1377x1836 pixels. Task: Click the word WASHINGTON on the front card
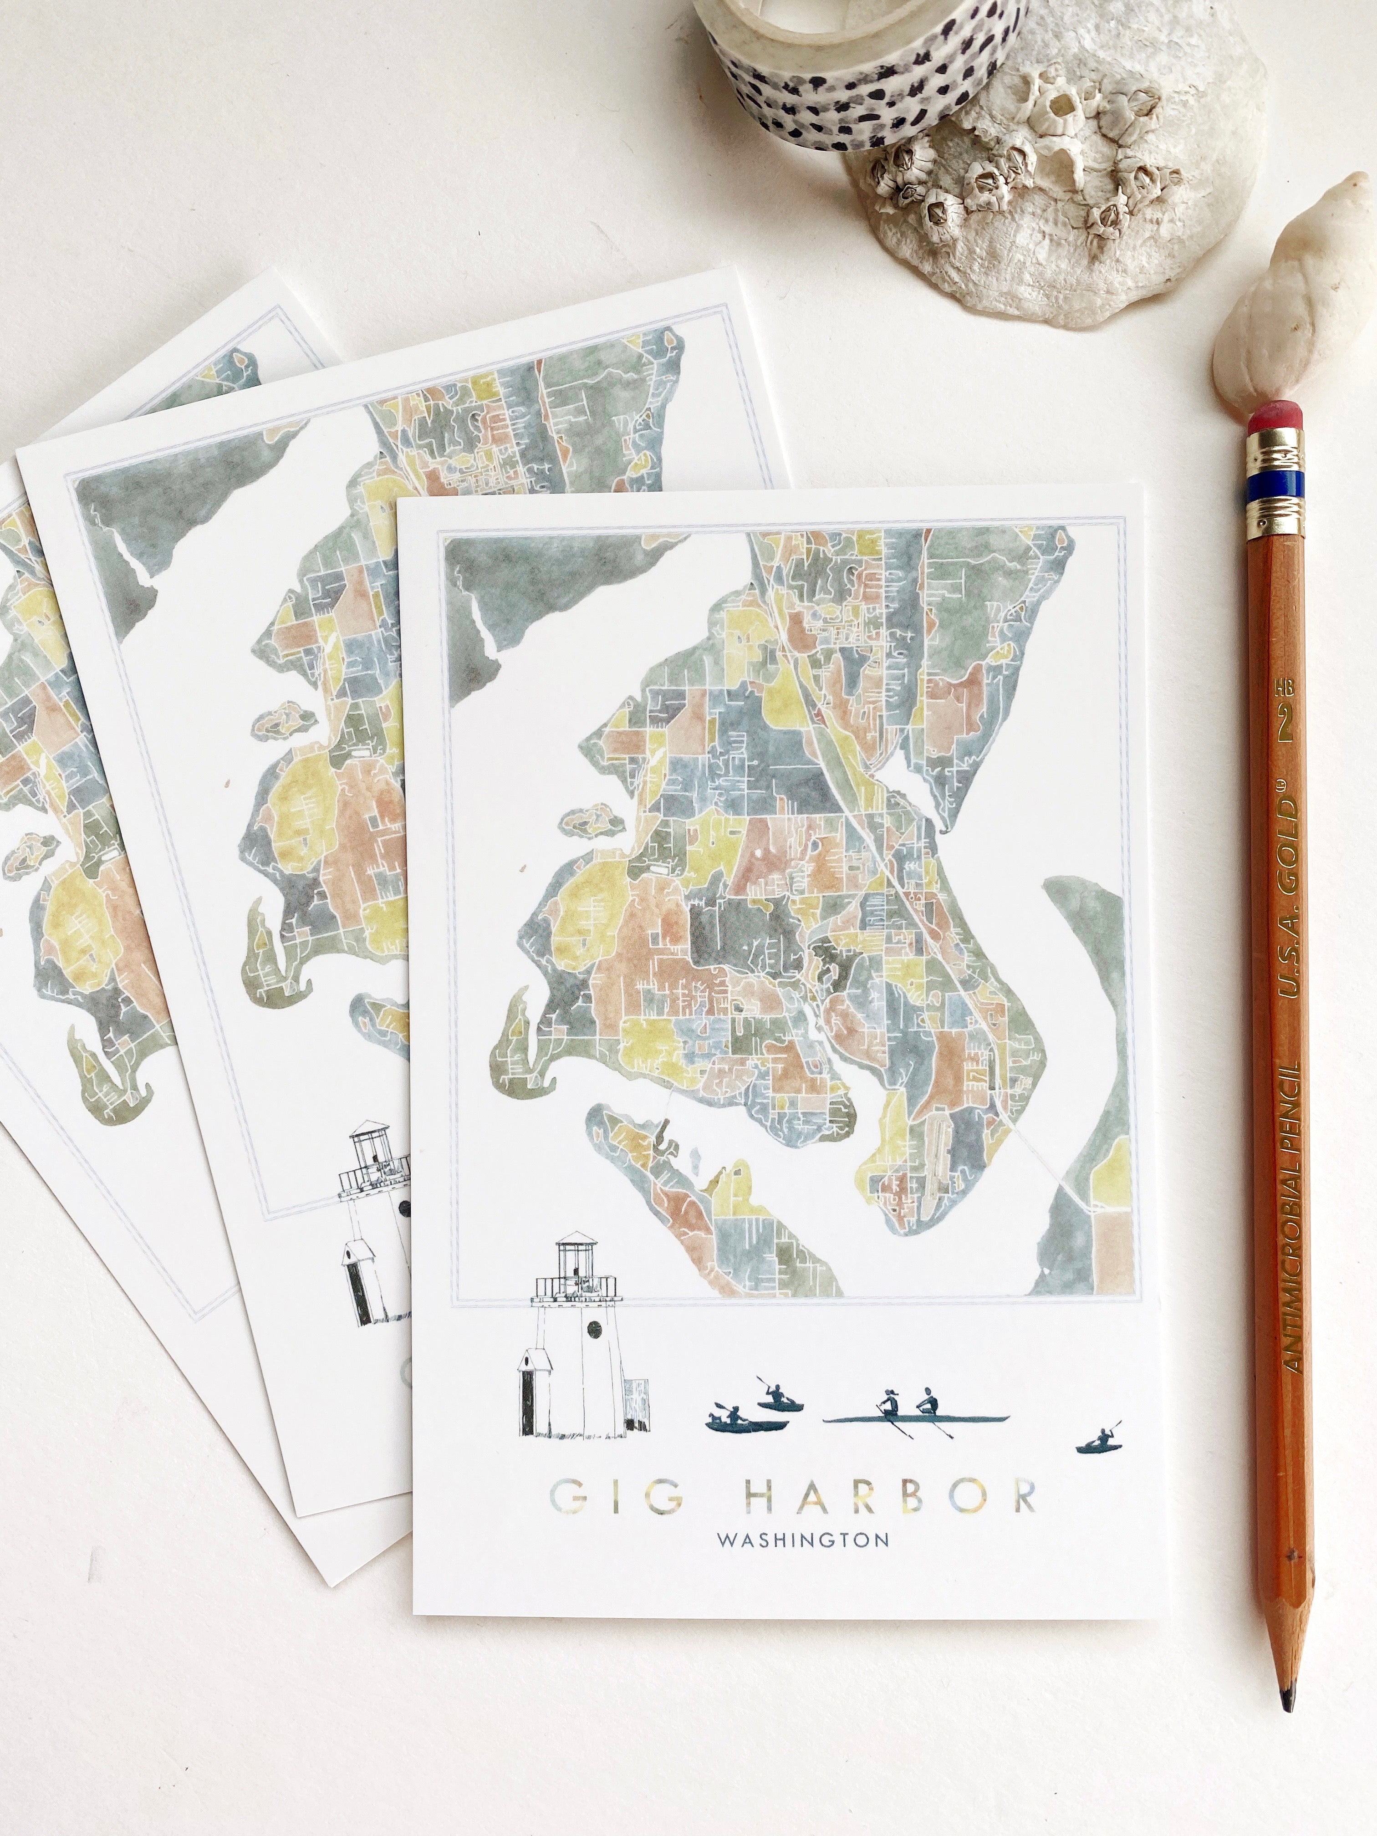(x=803, y=1540)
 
